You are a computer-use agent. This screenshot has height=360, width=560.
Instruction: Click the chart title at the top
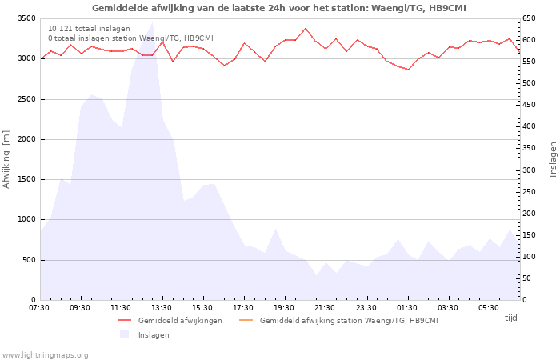pos(279,8)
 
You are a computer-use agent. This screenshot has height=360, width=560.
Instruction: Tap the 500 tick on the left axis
pos(29,260)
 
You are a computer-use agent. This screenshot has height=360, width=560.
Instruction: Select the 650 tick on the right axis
pos(530,18)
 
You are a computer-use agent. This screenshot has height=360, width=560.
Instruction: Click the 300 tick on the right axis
pos(530,170)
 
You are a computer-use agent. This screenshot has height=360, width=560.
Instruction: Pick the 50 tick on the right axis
pos(527,278)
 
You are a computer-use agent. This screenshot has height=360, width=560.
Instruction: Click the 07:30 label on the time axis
pos(39,308)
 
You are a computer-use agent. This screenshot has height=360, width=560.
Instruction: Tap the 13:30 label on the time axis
pos(162,308)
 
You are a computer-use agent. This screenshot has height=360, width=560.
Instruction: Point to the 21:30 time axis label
pos(325,308)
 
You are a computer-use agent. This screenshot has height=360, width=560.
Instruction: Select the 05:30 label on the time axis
pos(488,308)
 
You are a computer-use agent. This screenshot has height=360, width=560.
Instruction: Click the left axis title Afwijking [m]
pos(7,159)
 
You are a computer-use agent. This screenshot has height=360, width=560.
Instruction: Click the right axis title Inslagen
pos(552,159)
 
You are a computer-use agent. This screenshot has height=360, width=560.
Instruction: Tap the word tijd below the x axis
pos(510,318)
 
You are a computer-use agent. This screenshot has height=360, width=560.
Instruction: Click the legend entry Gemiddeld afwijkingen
pos(179,321)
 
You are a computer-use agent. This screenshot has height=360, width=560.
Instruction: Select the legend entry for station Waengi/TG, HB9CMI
pos(348,321)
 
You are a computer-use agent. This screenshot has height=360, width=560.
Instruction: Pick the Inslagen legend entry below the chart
pos(153,335)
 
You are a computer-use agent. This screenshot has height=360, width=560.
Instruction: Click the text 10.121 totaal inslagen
pos(89,28)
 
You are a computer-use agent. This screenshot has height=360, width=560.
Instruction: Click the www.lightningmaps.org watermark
pos(45,355)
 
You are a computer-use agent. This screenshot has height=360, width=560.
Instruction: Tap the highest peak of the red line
pos(305,28)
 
